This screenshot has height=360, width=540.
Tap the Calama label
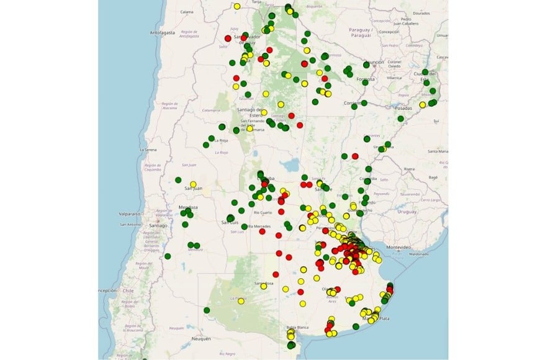click(x=186, y=12)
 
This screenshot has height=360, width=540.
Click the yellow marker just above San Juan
click(x=193, y=184)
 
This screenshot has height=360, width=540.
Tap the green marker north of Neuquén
click(x=207, y=310)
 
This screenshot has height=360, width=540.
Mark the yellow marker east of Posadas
click(x=422, y=105)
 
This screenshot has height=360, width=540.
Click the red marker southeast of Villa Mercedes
click(x=262, y=232)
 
